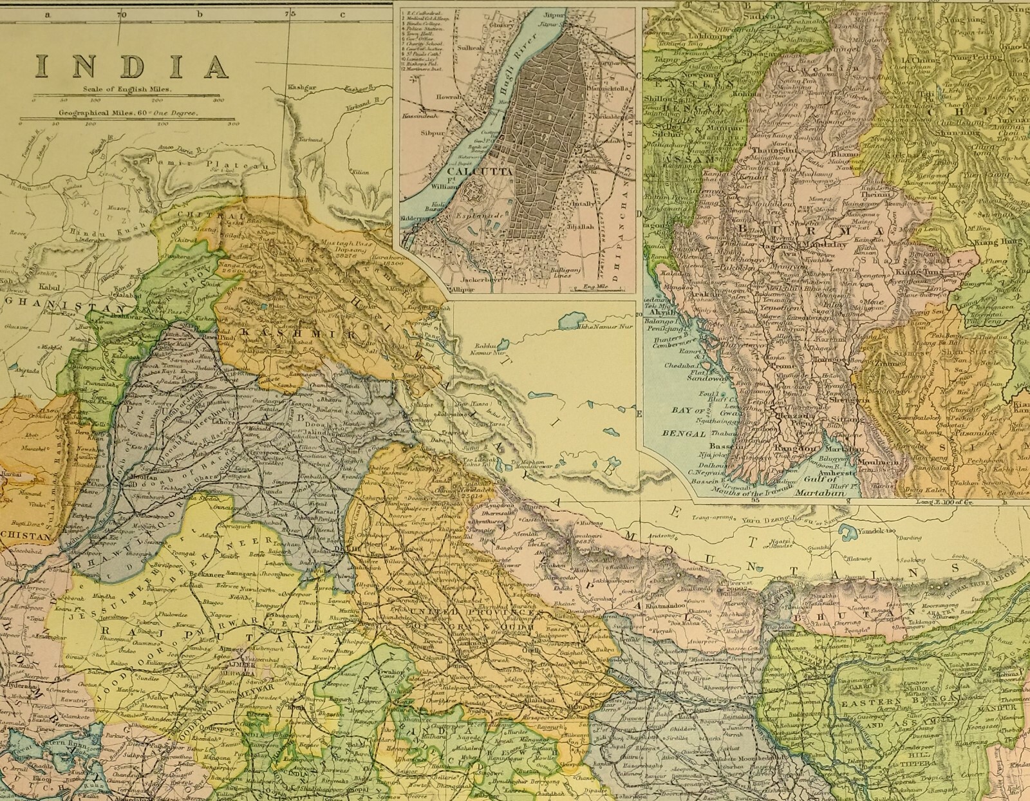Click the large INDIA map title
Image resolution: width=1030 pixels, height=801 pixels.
[x=133, y=66]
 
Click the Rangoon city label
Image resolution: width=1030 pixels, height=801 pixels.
[x=799, y=448]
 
